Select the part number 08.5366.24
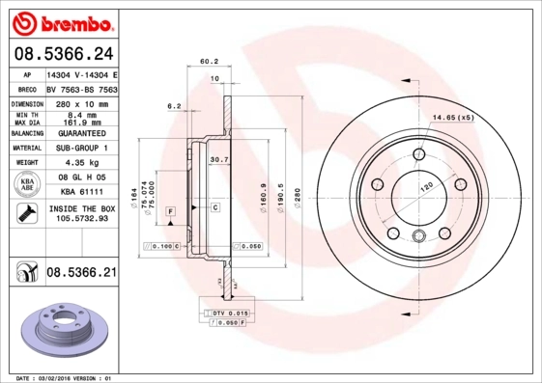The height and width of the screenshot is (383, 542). click(63, 53)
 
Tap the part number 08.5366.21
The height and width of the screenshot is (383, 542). click(82, 274)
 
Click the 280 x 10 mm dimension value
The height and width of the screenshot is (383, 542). click(81, 102)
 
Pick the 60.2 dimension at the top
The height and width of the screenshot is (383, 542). click(208, 61)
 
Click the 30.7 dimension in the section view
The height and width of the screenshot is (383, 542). click(218, 159)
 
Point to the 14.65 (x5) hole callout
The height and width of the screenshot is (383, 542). click(453, 117)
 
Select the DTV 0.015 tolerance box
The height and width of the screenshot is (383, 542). click(229, 314)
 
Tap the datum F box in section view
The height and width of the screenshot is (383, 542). click(170, 210)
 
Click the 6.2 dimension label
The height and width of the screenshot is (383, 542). click(175, 105)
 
